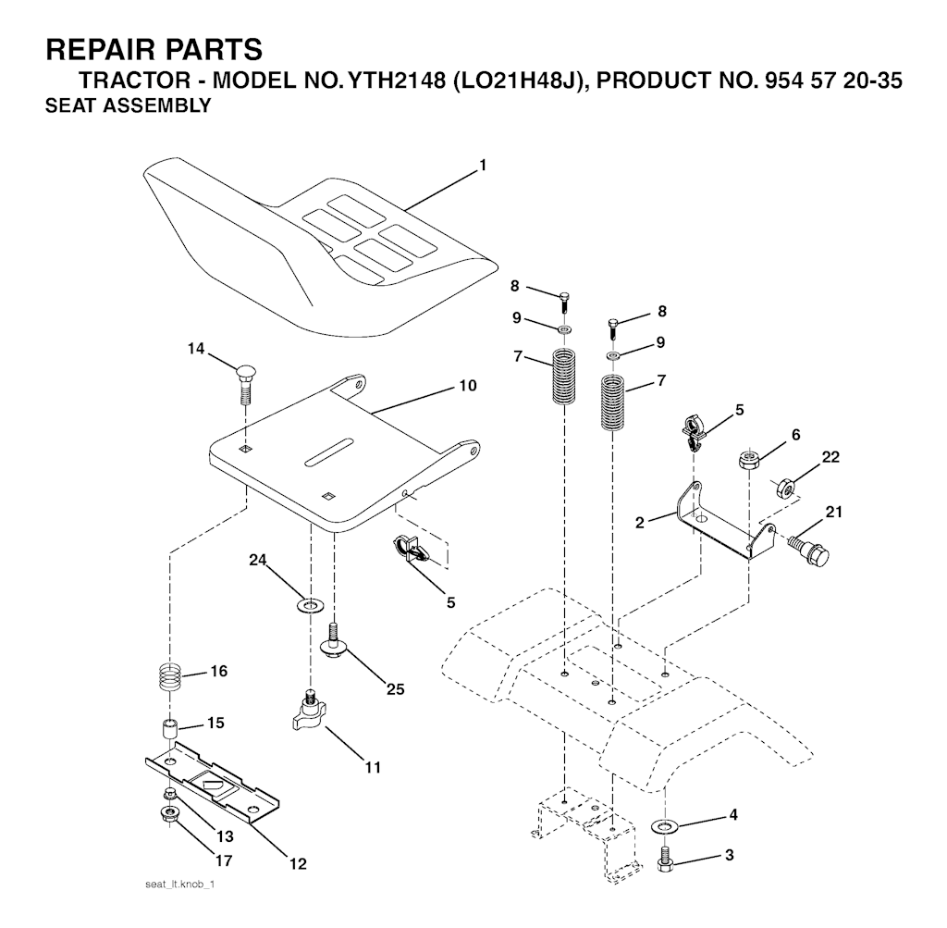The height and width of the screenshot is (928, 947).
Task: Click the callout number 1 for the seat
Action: click(x=483, y=165)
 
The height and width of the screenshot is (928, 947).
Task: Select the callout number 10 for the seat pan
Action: click(x=468, y=386)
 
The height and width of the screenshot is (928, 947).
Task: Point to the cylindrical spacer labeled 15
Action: click(x=171, y=729)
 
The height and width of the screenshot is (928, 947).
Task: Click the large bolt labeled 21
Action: click(x=809, y=548)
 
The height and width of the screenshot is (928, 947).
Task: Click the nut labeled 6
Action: click(x=749, y=461)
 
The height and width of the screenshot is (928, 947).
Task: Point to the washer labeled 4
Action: click(x=665, y=824)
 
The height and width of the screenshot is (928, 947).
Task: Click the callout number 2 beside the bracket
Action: click(x=640, y=523)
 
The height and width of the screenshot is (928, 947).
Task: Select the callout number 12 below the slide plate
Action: click(x=299, y=864)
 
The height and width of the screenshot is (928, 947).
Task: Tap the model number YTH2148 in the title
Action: click(x=384, y=80)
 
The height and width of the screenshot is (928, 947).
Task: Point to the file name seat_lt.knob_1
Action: click(x=180, y=885)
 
